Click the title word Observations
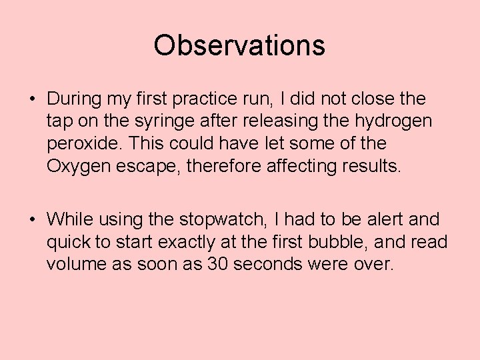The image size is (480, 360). tap(239, 45)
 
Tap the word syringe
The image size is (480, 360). tap(143, 121)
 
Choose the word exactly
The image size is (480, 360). tap(201, 241)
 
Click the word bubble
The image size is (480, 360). tap(347, 241)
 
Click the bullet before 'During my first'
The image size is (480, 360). tap(32, 99)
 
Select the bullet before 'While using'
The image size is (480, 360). tap(32, 219)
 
